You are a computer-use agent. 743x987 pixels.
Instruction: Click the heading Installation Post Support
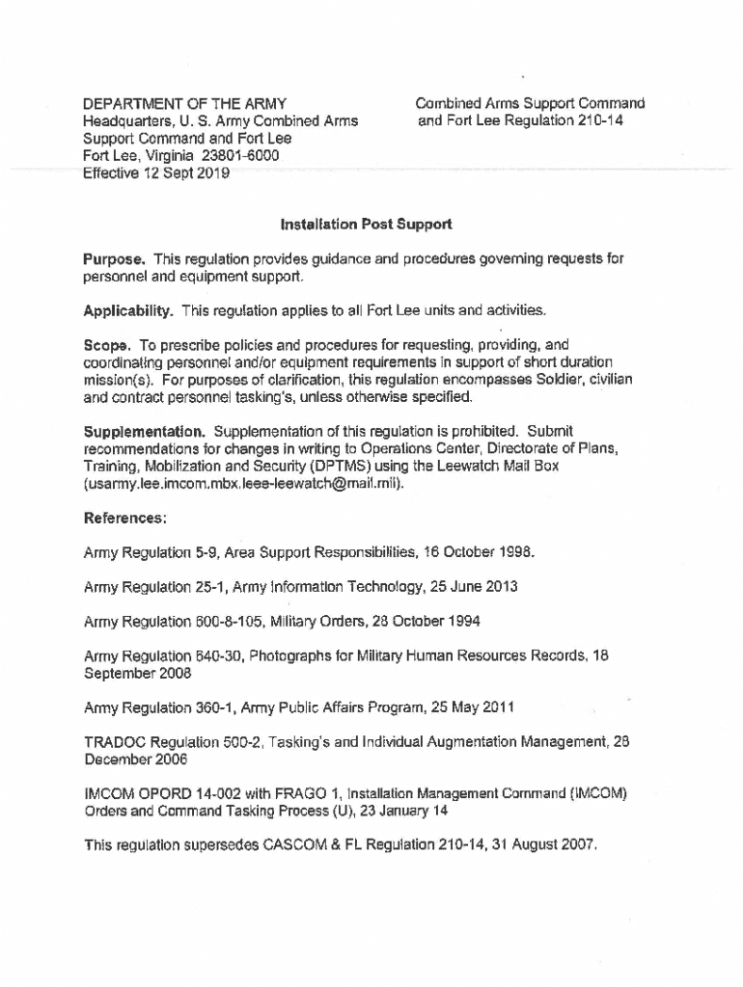tap(366, 225)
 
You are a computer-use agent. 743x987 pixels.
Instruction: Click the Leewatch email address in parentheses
tap(242, 483)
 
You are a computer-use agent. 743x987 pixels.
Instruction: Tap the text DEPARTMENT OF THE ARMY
tap(184, 103)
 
